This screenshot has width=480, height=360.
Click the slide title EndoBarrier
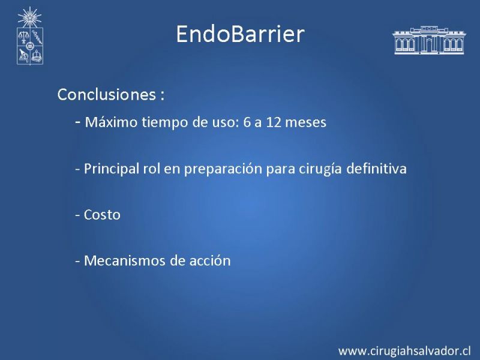tap(241, 34)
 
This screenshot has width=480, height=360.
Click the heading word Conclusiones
tap(107, 94)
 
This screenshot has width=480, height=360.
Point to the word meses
tap(306, 123)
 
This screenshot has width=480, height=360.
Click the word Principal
tap(112, 169)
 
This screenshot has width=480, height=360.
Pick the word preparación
tap(223, 169)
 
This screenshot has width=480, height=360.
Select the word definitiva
tap(377, 169)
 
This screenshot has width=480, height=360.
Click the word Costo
tap(102, 215)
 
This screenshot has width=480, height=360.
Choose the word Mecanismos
tap(125, 261)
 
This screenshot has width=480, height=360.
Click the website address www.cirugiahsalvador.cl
tap(404, 351)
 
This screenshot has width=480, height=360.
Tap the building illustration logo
tap(429, 40)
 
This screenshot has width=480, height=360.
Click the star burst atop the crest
tap(29, 17)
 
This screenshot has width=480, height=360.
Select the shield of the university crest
tap(29, 47)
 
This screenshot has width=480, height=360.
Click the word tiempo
tap(164, 122)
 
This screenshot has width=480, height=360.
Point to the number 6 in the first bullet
tap(247, 122)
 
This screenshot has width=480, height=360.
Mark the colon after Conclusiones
tap(162, 95)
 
